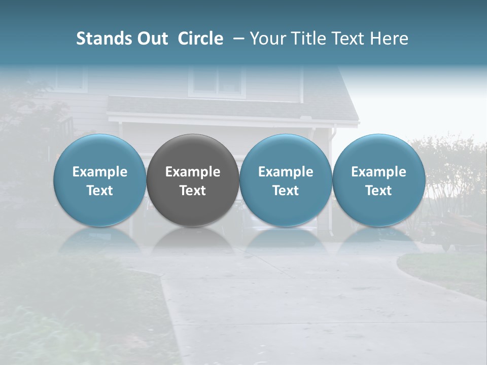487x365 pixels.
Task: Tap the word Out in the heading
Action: pyautogui.click(x=152, y=39)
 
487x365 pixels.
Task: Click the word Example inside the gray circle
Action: pyautogui.click(x=193, y=172)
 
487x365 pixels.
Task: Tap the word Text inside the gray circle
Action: pyautogui.click(x=193, y=191)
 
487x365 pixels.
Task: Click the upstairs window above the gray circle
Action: pyautogui.click(x=217, y=81)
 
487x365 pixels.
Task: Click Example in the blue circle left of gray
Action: pyautogui.click(x=100, y=172)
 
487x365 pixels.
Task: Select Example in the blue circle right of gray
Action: pyautogui.click(x=286, y=172)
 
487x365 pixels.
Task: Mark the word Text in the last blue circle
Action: pyautogui.click(x=378, y=191)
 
